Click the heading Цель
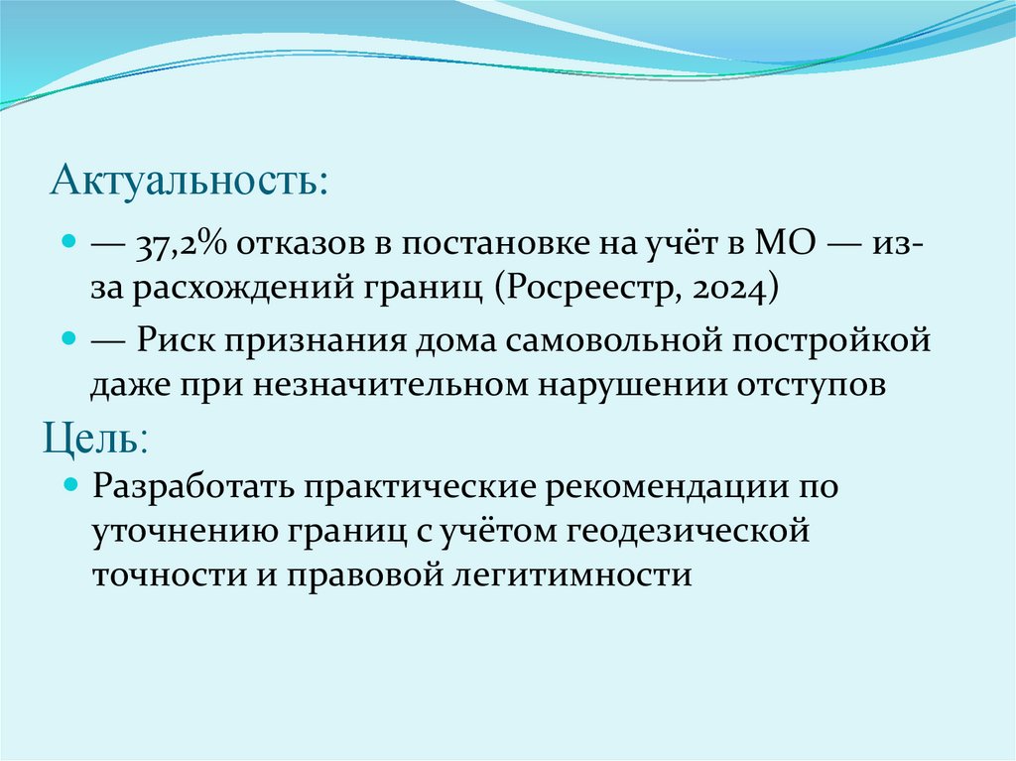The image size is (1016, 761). [x=96, y=438]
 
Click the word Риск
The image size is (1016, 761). [x=174, y=341]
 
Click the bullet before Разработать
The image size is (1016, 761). [x=69, y=486]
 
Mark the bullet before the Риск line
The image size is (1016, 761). [x=69, y=339]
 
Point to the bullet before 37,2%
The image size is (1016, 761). [x=69, y=244]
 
